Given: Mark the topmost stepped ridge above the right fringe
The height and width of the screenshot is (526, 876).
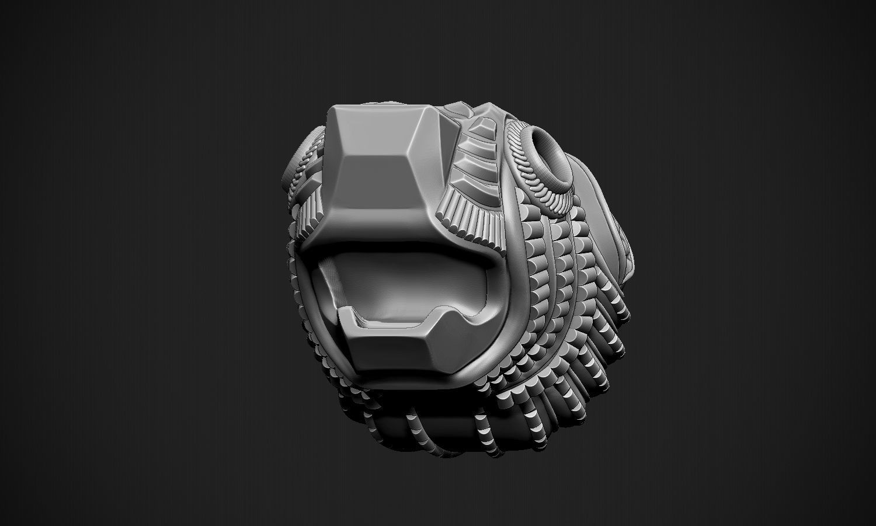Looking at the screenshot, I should (x=482, y=126).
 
